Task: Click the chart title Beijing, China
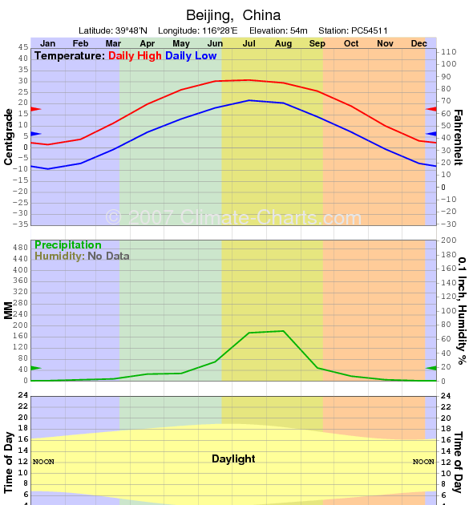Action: coord(233,15)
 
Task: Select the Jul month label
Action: coord(249,42)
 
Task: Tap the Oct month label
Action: coord(351,42)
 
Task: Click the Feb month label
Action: coord(81,42)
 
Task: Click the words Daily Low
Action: coord(190,56)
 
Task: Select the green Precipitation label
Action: coord(68,245)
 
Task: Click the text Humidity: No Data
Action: coord(82,257)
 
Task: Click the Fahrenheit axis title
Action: coord(459,137)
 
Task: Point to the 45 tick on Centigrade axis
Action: coord(22,47)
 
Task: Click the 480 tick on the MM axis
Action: coord(19,248)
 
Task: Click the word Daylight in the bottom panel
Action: coord(233,459)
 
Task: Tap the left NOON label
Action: coord(43,462)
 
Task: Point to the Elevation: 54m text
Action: coord(278,30)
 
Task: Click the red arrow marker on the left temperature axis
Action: coord(35,108)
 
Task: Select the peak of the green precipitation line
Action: coord(283,330)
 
